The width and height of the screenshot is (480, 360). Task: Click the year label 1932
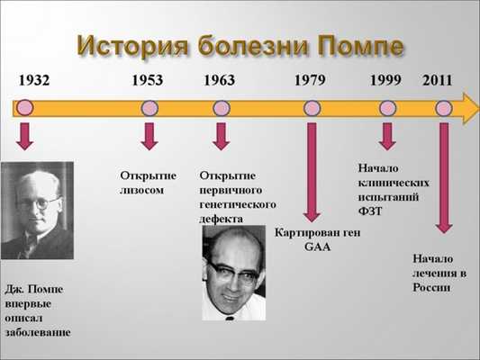[34, 81]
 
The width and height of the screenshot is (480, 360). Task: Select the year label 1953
[147, 81]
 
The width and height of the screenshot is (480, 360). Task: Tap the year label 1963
[219, 81]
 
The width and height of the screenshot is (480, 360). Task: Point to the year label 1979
[310, 81]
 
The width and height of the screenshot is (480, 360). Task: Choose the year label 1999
[385, 81]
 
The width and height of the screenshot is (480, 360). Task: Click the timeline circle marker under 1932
[25, 108]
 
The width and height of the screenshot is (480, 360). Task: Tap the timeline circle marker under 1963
[222, 108]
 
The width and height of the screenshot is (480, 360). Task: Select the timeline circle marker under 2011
[443, 108]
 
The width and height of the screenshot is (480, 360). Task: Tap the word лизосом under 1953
[143, 191]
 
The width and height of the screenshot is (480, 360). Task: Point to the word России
[432, 288]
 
